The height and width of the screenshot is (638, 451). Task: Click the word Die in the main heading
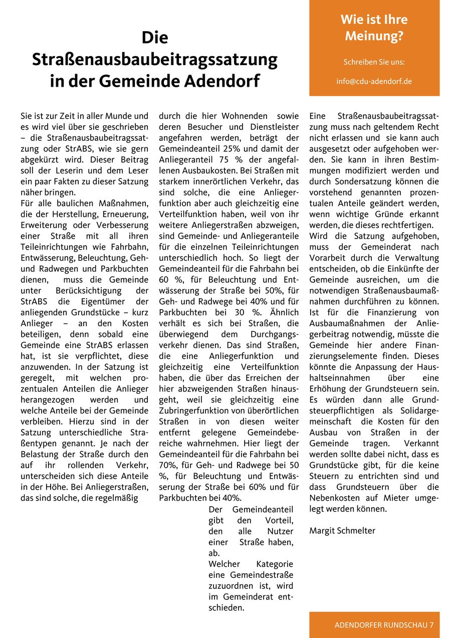click(154, 38)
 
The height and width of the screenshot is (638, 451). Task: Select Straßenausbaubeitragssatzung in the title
click(154, 59)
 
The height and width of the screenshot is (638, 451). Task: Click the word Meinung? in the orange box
click(374, 36)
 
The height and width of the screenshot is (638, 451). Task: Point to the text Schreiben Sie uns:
click(374, 62)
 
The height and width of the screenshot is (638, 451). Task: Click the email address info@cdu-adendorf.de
click(374, 81)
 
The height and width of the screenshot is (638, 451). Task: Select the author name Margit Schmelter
click(342, 530)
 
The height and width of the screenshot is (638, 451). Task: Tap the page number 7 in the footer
click(431, 625)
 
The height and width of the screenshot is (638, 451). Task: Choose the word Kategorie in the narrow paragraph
click(275, 564)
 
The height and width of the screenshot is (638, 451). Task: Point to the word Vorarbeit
click(328, 258)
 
